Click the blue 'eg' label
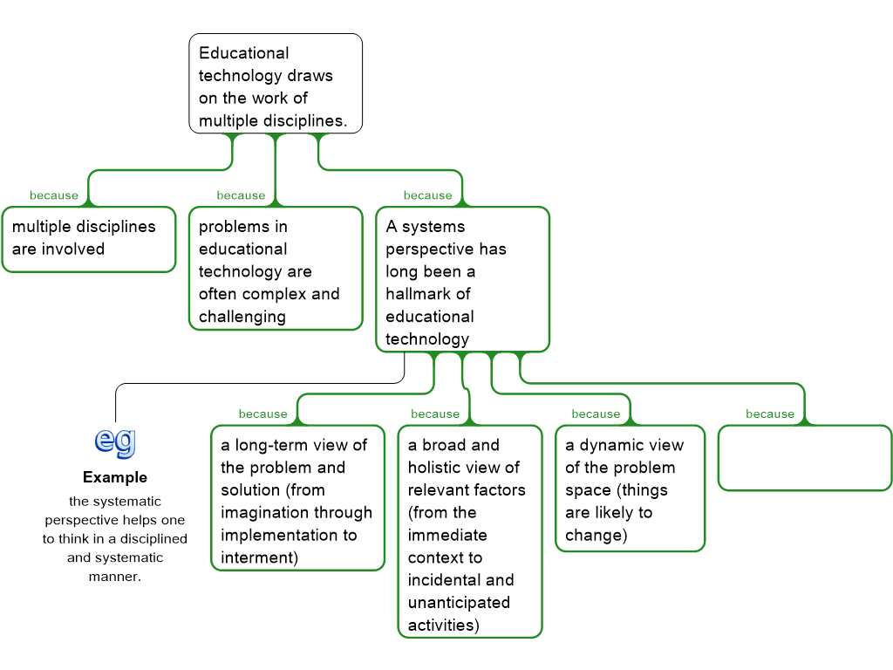pos(115,441)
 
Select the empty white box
pos(804,457)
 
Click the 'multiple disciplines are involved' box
pos(88,239)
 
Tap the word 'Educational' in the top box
pos(243,53)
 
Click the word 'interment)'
pos(259,558)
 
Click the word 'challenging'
pos(242,317)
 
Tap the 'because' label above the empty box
pos(770,414)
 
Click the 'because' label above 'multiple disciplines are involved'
pos(54,195)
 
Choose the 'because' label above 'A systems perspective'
pos(427,195)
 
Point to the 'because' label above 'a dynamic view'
pos(596,414)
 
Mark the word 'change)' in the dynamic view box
pos(596,536)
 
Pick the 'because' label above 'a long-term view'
pos(262,414)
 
